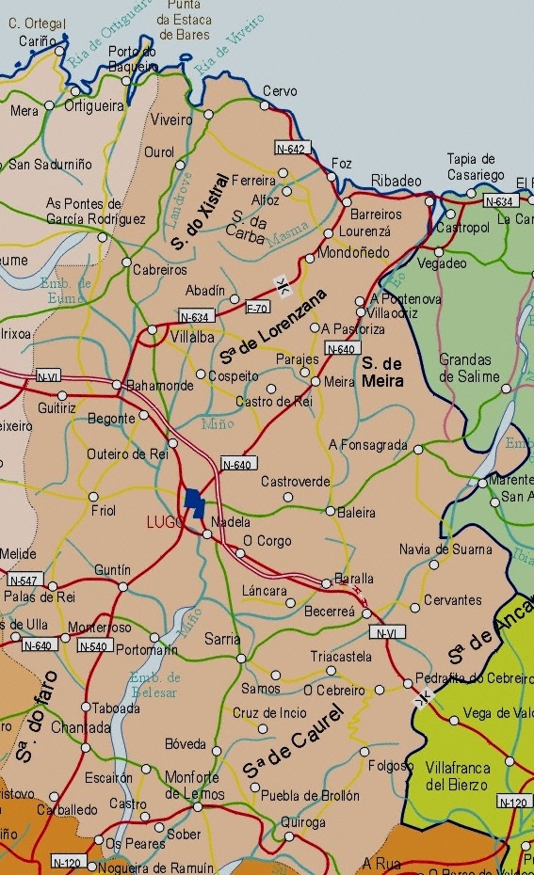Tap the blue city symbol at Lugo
click(x=194, y=502)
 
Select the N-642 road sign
click(x=291, y=149)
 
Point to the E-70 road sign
click(x=257, y=308)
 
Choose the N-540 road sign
click(x=93, y=646)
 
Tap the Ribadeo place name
click(x=396, y=181)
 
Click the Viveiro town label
click(x=171, y=120)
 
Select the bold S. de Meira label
click(x=382, y=372)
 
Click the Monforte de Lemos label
click(x=192, y=785)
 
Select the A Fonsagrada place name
click(x=368, y=445)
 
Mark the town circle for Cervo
click(x=265, y=105)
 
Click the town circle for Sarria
click(x=240, y=659)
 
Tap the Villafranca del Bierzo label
click(x=457, y=775)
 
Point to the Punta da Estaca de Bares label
click(x=184, y=19)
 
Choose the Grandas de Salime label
click(x=465, y=368)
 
